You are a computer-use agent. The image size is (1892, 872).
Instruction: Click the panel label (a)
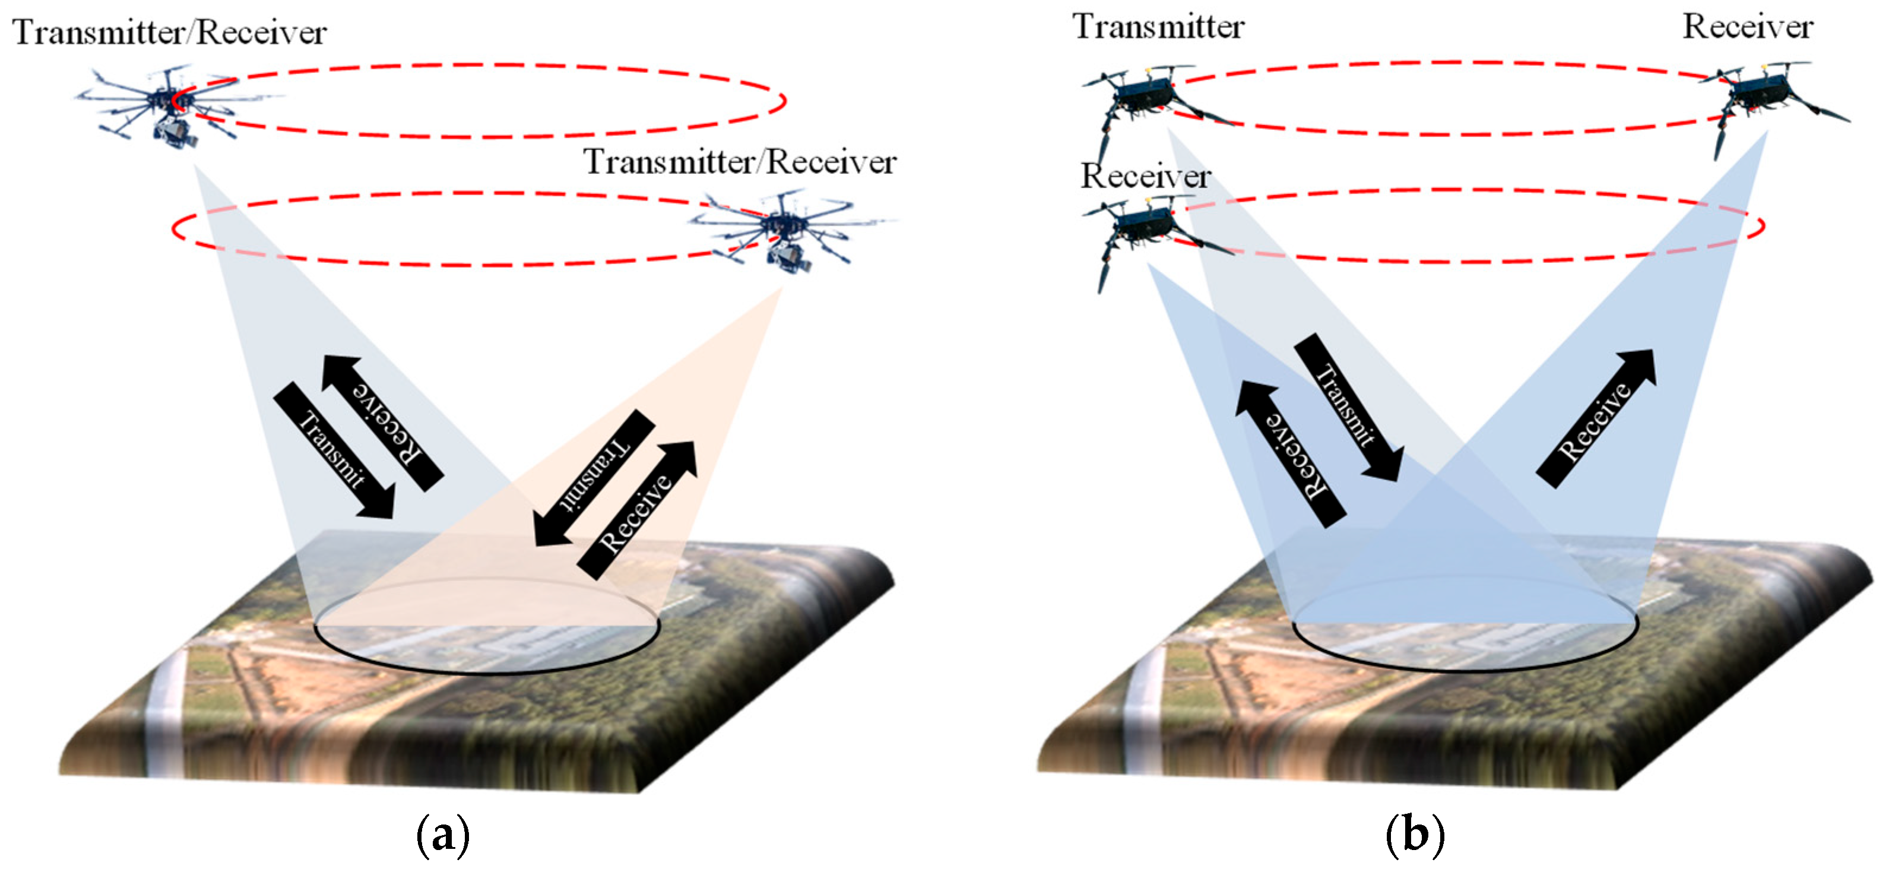tap(443, 835)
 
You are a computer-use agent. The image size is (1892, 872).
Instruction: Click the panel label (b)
tap(1415, 835)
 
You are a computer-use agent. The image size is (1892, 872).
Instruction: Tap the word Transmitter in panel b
tap(1158, 27)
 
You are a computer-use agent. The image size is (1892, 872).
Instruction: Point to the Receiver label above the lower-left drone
tap(1145, 176)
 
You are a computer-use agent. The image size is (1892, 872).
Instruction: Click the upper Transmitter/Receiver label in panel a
tap(170, 33)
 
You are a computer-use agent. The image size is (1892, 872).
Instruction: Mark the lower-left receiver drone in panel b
tap(1139, 228)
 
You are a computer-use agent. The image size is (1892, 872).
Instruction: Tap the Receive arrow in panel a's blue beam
tap(384, 423)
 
